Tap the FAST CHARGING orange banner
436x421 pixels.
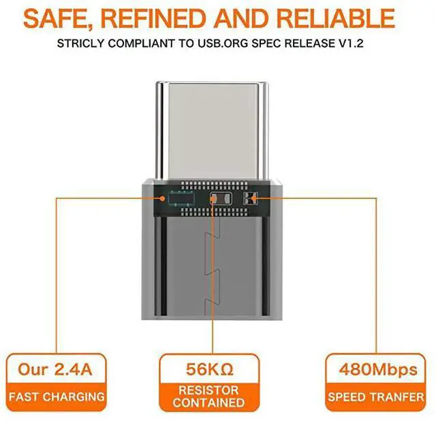coord(56,396)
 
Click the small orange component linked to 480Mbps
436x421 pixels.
coord(253,199)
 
